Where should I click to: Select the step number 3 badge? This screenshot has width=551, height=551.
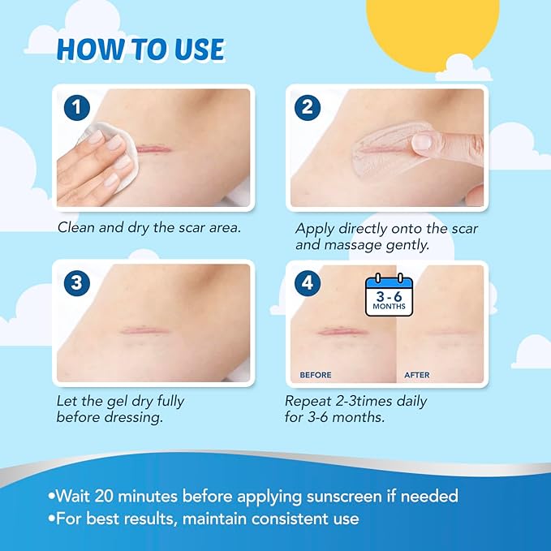click(x=77, y=283)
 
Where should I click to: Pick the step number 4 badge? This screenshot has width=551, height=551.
click(x=308, y=283)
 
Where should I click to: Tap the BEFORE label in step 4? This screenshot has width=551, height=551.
click(x=316, y=375)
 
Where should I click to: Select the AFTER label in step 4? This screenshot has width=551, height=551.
click(x=417, y=375)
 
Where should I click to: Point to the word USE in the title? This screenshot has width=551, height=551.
click(x=199, y=50)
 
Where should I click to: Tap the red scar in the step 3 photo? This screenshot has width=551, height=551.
click(x=141, y=330)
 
